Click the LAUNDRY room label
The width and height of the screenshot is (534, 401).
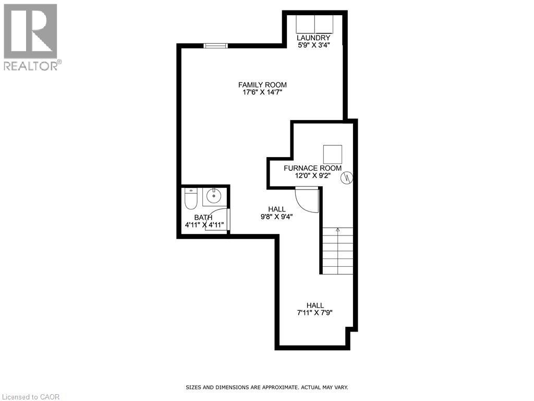pyautogui.click(x=313, y=38)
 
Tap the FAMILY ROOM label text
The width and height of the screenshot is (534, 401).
pyautogui.click(x=262, y=85)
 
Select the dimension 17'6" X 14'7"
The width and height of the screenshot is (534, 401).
pyautogui.click(x=262, y=92)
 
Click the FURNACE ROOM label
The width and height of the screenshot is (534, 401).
pyautogui.click(x=313, y=168)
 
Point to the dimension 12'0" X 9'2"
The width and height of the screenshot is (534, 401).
pyautogui.click(x=313, y=176)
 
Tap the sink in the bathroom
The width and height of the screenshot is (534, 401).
pyautogui.click(x=214, y=196)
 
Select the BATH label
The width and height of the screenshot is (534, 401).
pyautogui.click(x=203, y=218)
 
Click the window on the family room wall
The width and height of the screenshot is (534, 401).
pyautogui.click(x=215, y=46)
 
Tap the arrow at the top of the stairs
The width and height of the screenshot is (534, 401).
pyautogui.click(x=337, y=230)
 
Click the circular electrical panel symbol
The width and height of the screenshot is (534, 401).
pyautogui.click(x=347, y=178)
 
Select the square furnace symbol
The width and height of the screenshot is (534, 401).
pyautogui.click(x=333, y=154)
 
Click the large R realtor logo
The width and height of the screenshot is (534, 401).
pyautogui.click(x=30, y=31)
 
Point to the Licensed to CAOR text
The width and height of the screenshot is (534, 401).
pyautogui.click(x=30, y=397)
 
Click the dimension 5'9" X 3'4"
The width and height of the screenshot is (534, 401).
pyautogui.click(x=313, y=45)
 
